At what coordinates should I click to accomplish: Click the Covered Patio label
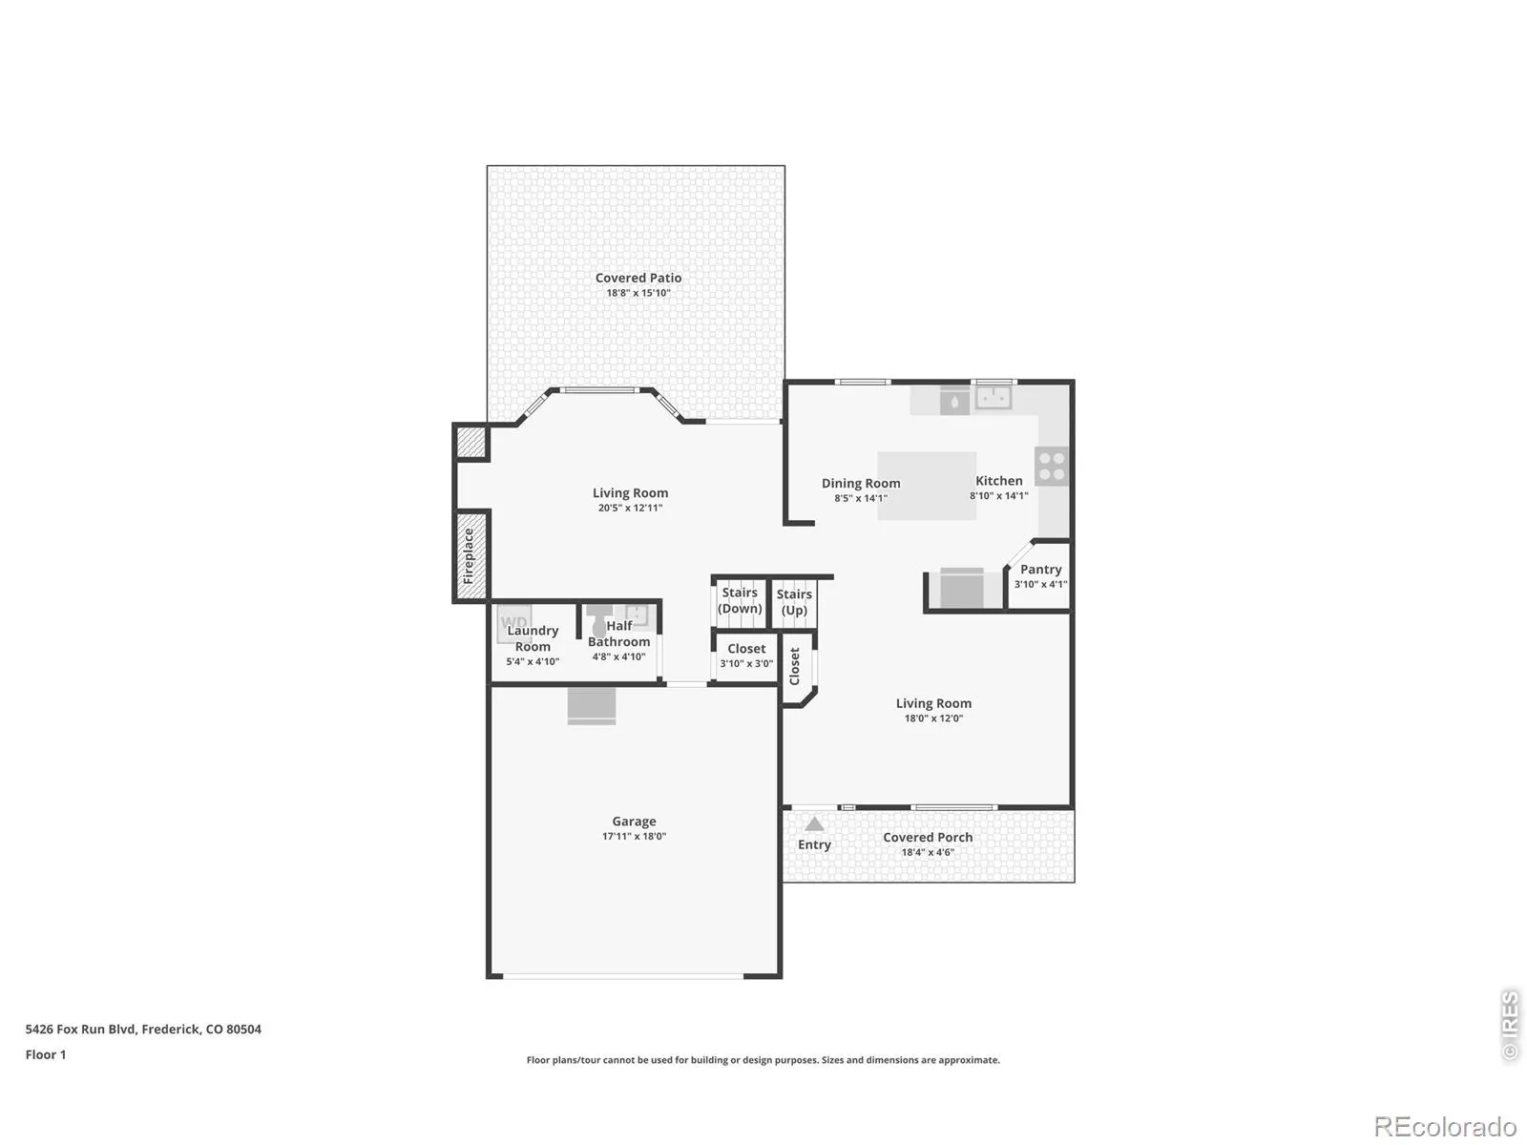(638, 278)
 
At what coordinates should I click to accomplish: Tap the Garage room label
(634, 821)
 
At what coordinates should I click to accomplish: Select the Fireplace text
(469, 556)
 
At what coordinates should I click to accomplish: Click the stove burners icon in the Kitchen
(1051, 466)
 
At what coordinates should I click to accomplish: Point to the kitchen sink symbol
(993, 398)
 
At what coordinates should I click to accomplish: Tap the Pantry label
(1040, 570)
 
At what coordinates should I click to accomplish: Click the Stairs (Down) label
(740, 600)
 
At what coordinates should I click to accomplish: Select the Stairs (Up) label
(794, 602)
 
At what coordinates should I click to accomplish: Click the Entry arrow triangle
(814, 824)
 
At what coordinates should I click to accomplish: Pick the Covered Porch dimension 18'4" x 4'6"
(928, 852)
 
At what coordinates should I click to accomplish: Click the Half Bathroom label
(619, 634)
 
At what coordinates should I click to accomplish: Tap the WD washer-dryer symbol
(514, 623)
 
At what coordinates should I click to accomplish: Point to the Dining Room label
(861, 483)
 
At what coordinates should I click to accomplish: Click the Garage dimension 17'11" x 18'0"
(634, 837)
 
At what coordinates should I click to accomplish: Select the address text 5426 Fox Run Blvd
(81, 1029)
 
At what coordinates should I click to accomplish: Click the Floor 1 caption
(46, 1054)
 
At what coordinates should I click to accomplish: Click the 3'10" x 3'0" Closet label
(746, 656)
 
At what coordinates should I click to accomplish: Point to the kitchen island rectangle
(926, 486)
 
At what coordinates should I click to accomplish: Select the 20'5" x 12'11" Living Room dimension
(630, 509)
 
